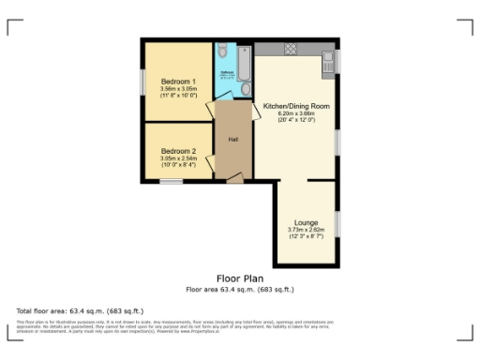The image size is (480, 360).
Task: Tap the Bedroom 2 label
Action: pyautogui.click(x=178, y=151)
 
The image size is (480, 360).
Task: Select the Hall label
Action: pyautogui.click(x=232, y=140)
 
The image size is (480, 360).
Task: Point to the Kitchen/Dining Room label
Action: pyautogui.click(x=296, y=106)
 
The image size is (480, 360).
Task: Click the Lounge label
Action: pyautogui.click(x=306, y=222)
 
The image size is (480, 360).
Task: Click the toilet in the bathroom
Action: pyautogui.click(x=246, y=88)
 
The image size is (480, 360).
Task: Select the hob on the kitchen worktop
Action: pyautogui.click(x=290, y=48)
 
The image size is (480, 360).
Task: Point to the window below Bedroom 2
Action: pyautogui.click(x=171, y=182)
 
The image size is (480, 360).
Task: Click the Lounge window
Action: pyautogui.click(x=337, y=222)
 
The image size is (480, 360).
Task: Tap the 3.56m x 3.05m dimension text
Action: pyautogui.click(x=178, y=89)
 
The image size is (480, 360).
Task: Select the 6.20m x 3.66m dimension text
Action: pyautogui.click(x=296, y=113)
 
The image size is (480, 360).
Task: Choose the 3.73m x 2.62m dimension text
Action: pyautogui.click(x=306, y=230)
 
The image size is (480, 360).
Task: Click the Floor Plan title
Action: pyautogui.click(x=239, y=278)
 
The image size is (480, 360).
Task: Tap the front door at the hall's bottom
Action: pyautogui.click(x=234, y=178)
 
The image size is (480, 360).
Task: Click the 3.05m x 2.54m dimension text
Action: pyautogui.click(x=178, y=158)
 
